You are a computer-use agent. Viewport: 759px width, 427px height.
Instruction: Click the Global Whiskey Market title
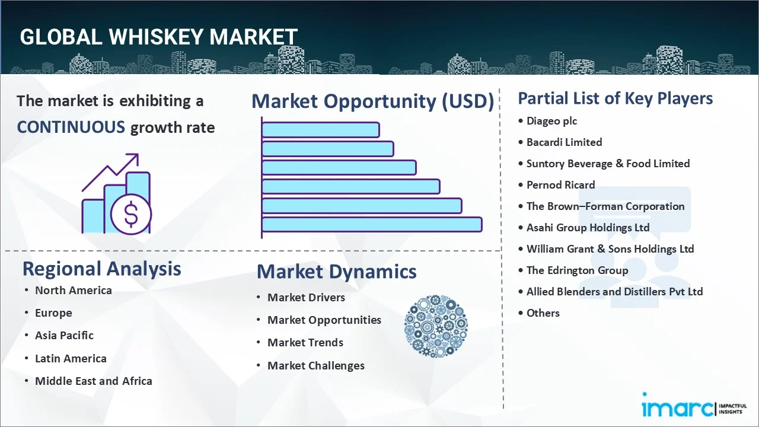coord(158,37)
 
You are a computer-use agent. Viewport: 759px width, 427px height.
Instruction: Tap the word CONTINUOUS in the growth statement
coord(71,127)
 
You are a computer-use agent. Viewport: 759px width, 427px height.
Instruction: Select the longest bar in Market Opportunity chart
coord(371,224)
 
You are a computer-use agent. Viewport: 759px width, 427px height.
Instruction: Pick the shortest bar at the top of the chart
coord(320,129)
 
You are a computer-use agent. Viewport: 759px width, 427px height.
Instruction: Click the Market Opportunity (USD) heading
coord(372,101)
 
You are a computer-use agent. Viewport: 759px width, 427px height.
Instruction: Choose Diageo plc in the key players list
coord(551,121)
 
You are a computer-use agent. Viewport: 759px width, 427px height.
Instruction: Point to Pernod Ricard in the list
coord(560,185)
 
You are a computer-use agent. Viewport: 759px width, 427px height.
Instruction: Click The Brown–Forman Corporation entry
coord(605,206)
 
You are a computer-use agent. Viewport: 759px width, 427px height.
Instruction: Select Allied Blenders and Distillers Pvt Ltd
coord(614,292)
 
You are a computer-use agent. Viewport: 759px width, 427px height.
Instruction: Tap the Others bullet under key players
coord(543,313)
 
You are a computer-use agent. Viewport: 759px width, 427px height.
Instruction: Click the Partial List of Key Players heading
coord(615,98)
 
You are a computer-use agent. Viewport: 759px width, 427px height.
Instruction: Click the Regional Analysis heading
coord(101,269)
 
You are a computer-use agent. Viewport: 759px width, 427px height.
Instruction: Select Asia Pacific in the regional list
coord(64,336)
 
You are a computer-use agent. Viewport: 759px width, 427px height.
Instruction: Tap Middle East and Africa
coord(93,381)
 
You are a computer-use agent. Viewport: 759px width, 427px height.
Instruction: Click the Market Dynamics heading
coord(336,272)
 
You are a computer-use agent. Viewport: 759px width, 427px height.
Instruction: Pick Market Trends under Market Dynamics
coord(305,343)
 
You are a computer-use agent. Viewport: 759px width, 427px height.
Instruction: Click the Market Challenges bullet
coord(315,366)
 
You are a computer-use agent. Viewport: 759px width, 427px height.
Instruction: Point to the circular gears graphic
coord(436,327)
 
